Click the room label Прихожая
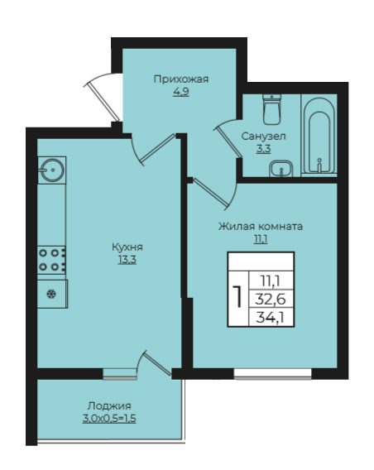click(180, 79)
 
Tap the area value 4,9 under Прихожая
click(180, 92)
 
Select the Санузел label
click(263, 137)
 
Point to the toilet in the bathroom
click(271, 109)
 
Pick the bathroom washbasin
click(280, 169)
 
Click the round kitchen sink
click(52, 170)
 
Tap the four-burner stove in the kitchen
click(51, 260)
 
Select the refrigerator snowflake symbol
click(51, 294)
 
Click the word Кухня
click(127, 247)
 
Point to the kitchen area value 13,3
click(127, 260)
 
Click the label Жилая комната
click(261, 226)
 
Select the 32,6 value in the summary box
click(271, 299)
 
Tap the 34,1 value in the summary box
click(271, 317)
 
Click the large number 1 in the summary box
click(238, 296)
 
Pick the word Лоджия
click(109, 406)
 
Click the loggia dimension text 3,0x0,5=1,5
click(109, 419)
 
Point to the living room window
click(273, 373)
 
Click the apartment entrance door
click(103, 99)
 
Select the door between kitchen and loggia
click(156, 363)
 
